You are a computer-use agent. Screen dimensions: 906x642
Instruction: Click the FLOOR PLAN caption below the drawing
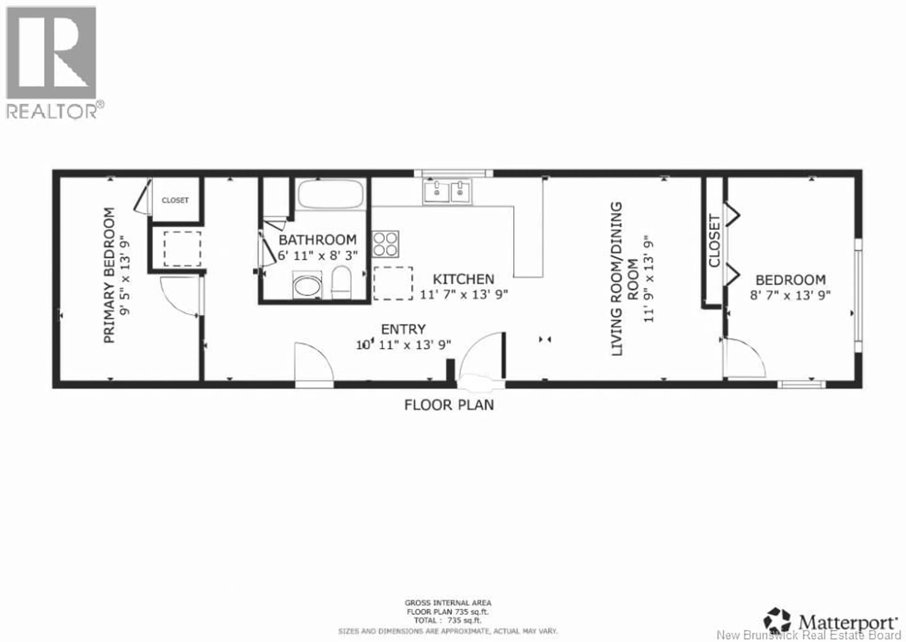(449, 405)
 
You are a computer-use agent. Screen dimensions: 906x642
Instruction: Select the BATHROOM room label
(317, 240)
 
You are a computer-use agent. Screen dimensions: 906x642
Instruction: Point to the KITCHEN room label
(463, 279)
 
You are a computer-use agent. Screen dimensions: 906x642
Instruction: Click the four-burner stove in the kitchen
(385, 244)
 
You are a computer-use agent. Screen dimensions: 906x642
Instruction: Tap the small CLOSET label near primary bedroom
(175, 200)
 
